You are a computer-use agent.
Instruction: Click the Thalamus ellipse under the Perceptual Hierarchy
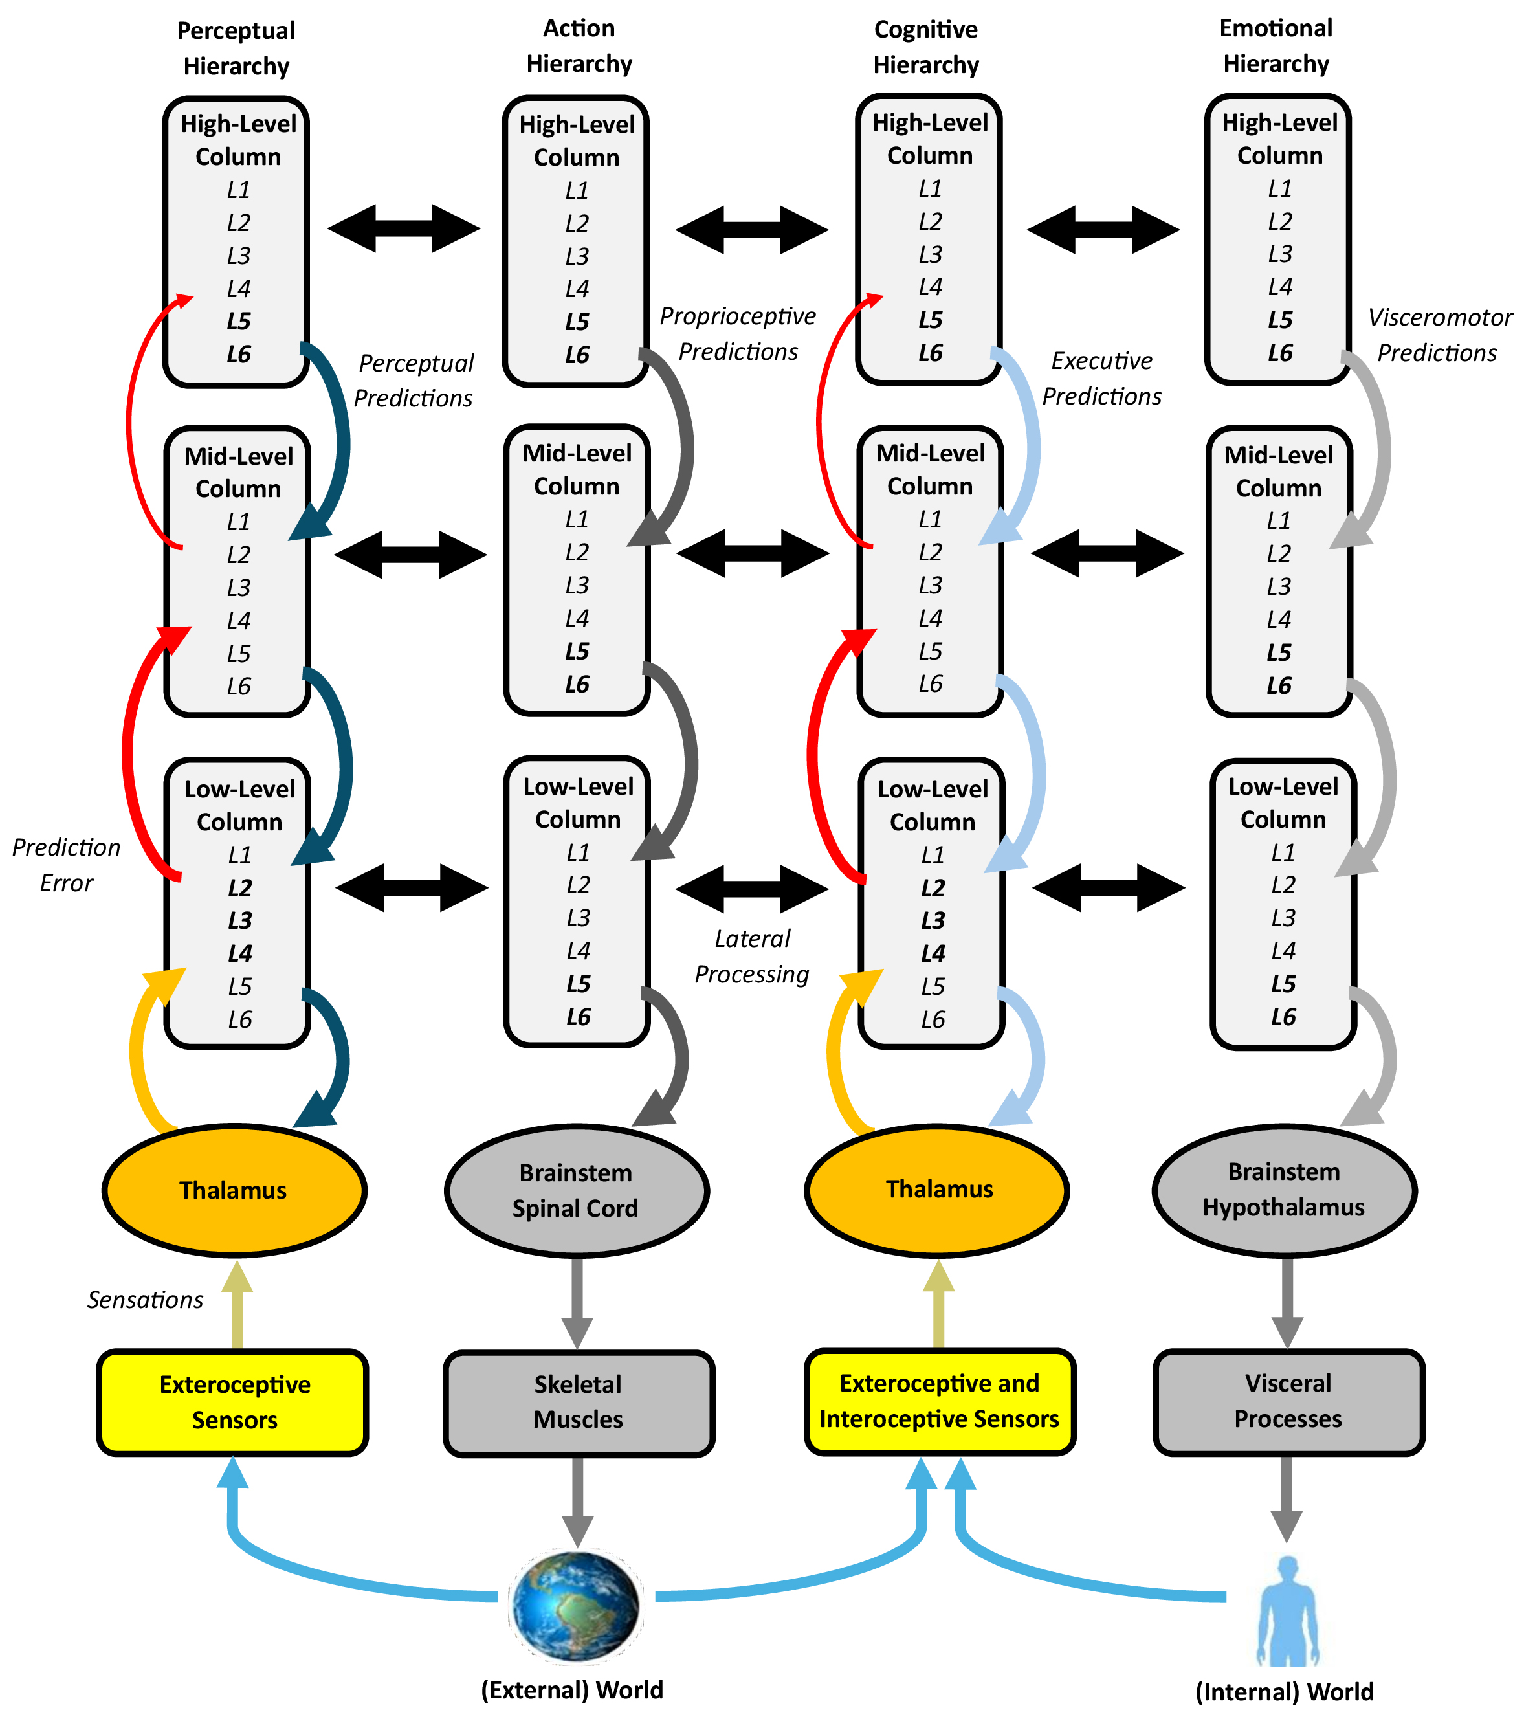coord(234,1190)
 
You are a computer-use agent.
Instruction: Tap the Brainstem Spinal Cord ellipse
coord(576,1190)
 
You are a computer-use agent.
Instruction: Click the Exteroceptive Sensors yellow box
coord(234,1402)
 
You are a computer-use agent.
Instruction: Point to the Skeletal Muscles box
coord(578,1402)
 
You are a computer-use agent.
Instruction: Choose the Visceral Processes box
coord(1288,1401)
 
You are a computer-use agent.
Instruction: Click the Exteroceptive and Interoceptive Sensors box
coord(940,1401)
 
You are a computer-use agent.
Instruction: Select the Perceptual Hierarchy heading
coord(236,48)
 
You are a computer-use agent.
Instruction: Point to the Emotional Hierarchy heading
coord(1276,46)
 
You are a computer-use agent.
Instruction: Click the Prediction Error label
coord(67,865)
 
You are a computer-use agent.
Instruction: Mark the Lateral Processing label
coord(752,956)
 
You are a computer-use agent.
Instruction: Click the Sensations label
coord(145,1300)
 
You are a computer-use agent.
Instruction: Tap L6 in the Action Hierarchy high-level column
coord(577,355)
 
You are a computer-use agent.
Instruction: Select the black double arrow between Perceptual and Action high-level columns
coord(404,228)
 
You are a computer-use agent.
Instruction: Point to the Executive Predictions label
coord(1102,379)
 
